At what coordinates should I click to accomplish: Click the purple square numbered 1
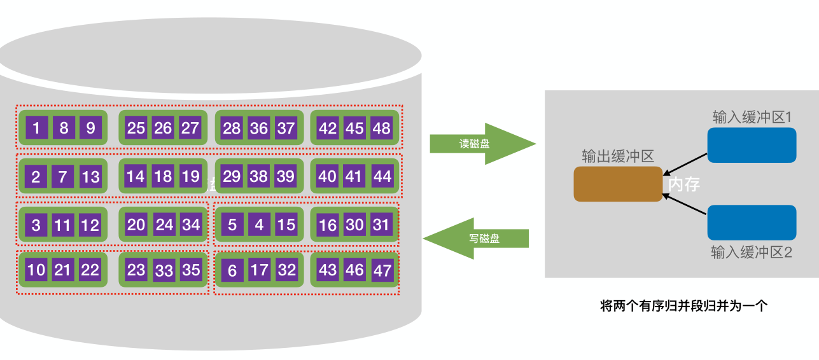click(36, 128)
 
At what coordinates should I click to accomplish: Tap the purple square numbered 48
click(381, 128)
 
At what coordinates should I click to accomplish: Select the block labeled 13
click(90, 176)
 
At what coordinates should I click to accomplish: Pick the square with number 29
click(232, 176)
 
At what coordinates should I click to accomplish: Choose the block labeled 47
click(382, 270)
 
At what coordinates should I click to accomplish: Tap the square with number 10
click(36, 270)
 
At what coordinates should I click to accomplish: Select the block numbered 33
click(164, 270)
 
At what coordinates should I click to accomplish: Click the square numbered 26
click(163, 128)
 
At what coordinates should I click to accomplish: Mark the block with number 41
click(354, 176)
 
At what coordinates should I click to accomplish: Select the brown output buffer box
click(618, 184)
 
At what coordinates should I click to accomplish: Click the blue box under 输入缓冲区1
click(752, 145)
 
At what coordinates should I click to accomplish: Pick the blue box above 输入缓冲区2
click(752, 222)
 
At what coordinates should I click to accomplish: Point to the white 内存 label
click(684, 184)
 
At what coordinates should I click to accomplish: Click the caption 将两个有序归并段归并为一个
click(684, 306)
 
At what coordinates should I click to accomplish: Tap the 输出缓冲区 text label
click(618, 156)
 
